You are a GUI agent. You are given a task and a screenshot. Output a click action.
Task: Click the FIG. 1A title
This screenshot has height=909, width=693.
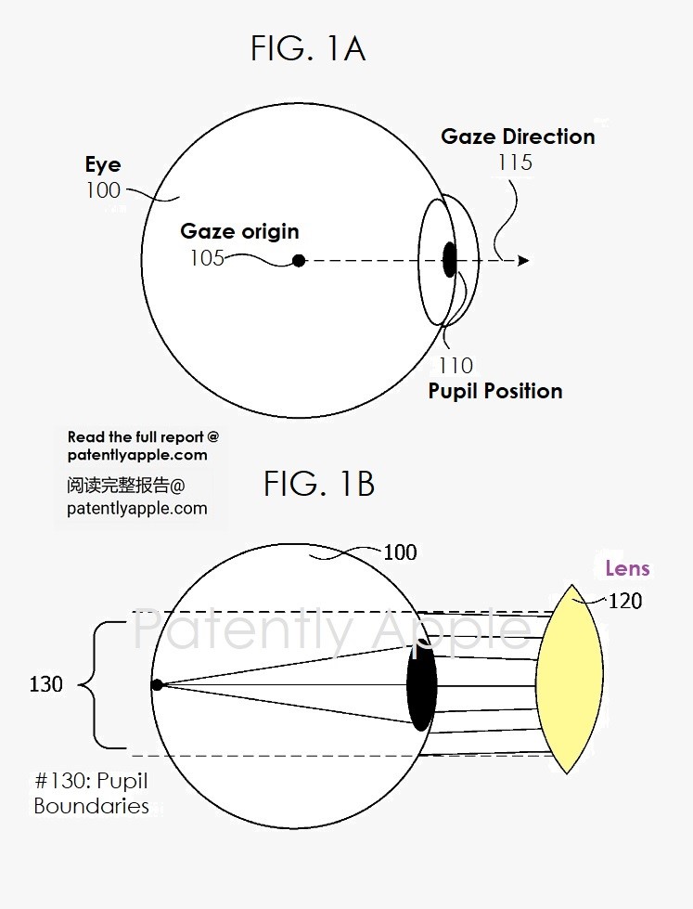(x=307, y=49)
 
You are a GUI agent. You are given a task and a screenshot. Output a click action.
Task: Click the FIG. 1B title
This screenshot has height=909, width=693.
(x=318, y=484)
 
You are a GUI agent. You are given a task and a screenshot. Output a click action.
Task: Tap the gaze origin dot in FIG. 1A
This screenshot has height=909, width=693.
(x=299, y=261)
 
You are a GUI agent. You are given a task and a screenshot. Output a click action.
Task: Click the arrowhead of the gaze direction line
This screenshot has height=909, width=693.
(x=523, y=261)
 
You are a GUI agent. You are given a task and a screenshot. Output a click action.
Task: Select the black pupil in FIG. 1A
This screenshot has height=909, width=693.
(x=450, y=259)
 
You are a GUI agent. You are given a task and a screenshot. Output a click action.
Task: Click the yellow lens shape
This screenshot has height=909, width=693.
(x=569, y=680)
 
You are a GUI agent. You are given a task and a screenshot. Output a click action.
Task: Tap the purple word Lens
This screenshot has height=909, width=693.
(x=627, y=568)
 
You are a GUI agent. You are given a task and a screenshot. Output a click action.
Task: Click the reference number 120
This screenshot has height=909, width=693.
(x=624, y=601)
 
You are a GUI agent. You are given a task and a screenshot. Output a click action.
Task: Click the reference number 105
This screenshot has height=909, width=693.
(x=207, y=257)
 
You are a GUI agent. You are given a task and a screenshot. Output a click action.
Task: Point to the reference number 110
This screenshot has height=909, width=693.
(x=455, y=366)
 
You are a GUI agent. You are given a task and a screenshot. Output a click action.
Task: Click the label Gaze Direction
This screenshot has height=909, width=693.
(x=518, y=136)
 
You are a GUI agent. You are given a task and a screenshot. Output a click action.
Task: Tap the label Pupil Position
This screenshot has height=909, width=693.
(x=494, y=391)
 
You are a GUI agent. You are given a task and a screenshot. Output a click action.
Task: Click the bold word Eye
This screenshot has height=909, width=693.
(x=103, y=165)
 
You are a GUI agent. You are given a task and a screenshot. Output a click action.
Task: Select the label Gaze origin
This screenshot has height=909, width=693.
(x=239, y=231)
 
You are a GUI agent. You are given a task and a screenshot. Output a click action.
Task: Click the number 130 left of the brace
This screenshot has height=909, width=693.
(x=45, y=684)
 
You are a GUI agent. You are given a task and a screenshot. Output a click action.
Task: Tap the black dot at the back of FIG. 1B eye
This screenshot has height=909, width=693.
(x=157, y=685)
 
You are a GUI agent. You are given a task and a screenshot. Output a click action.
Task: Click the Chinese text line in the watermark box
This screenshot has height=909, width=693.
(x=126, y=485)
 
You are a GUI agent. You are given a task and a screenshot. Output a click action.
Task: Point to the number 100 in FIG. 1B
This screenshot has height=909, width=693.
(x=400, y=552)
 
